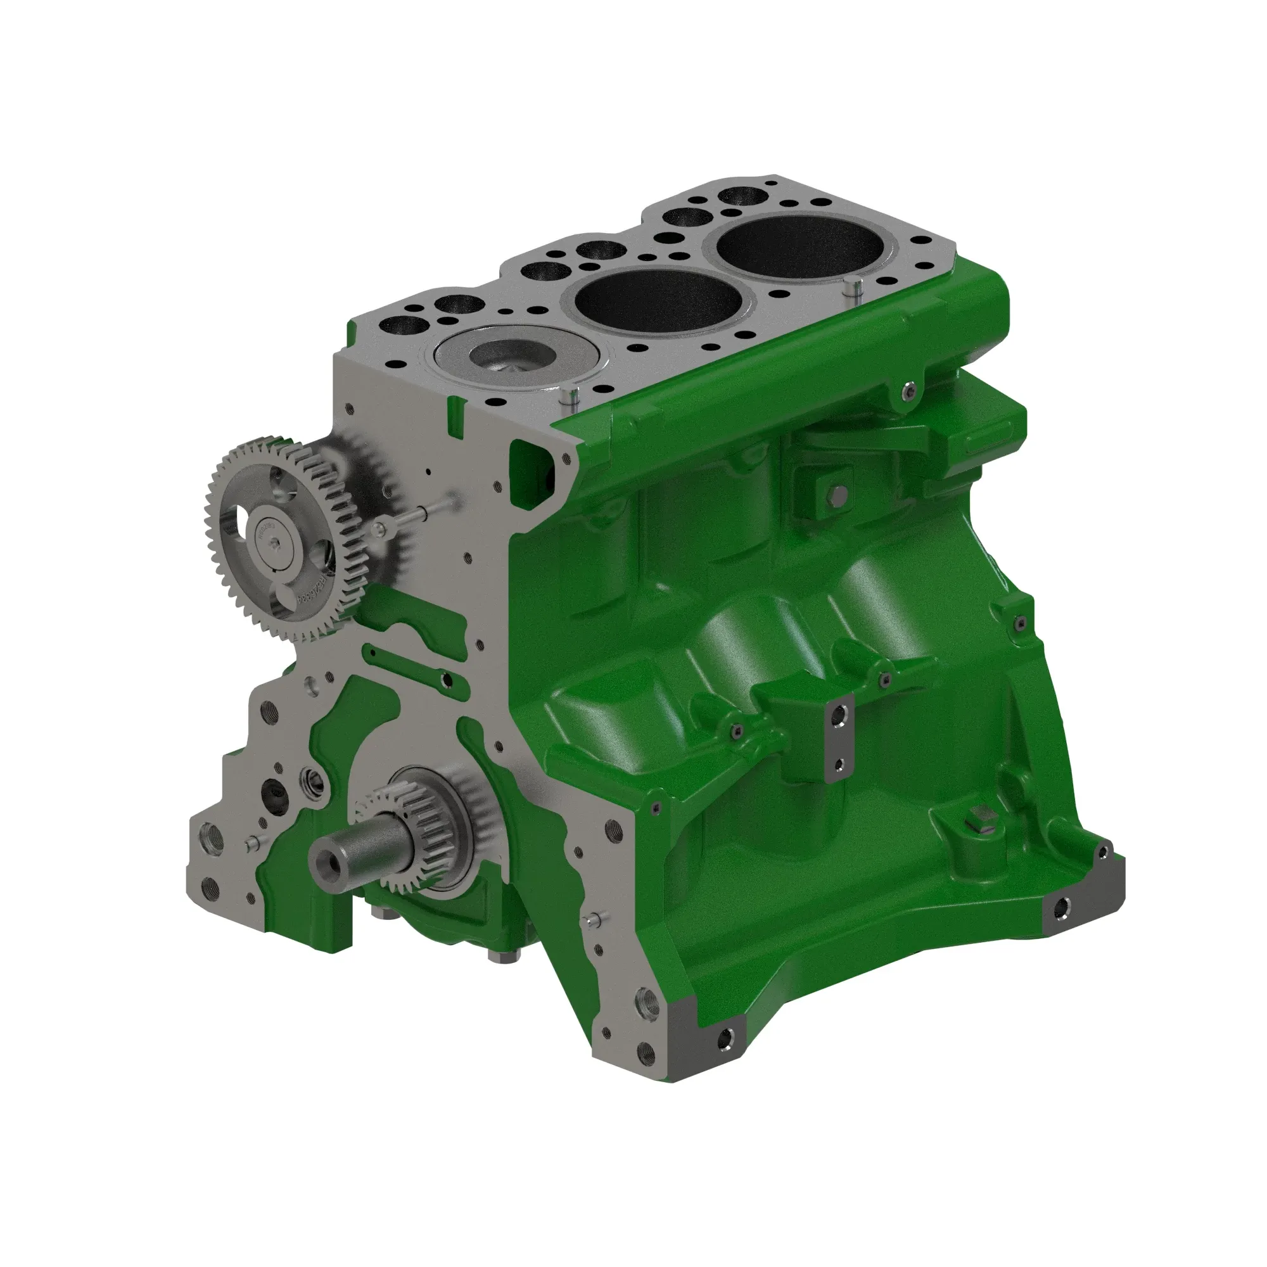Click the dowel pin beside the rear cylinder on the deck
(853, 288)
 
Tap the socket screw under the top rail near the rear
(908, 392)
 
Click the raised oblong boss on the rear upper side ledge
(986, 439)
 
